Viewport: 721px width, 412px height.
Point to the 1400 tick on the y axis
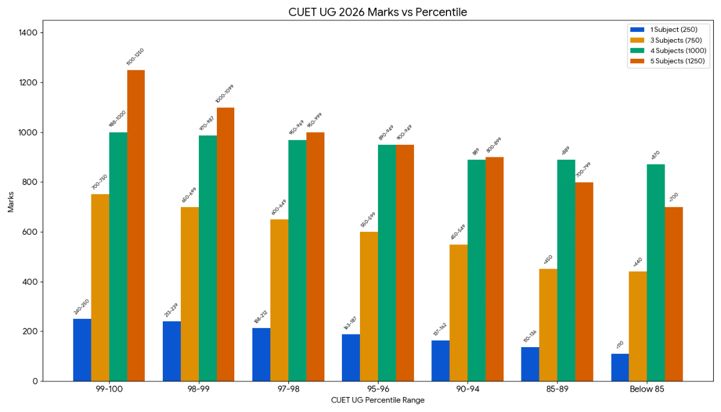click(31, 32)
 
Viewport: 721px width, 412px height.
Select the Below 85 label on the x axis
click(647, 390)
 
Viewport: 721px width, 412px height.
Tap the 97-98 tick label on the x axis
click(288, 390)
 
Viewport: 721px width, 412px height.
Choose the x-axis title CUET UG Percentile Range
click(377, 401)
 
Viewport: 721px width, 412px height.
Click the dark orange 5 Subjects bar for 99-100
click(136, 225)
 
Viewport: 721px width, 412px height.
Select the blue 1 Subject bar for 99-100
click(82, 350)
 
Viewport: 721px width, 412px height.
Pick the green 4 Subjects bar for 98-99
click(208, 258)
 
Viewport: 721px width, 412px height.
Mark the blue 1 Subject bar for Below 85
click(620, 367)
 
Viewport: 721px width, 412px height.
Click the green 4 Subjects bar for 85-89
click(567, 270)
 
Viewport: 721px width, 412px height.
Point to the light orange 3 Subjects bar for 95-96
click(369, 306)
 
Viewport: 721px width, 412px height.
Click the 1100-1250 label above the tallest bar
click(135, 57)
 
